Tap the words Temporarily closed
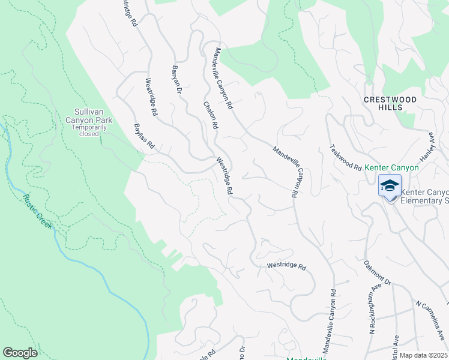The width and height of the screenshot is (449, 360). pyautogui.click(x=93, y=130)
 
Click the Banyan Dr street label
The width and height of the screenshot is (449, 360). pyautogui.click(x=176, y=80)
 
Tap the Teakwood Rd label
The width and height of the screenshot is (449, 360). pyautogui.click(x=346, y=157)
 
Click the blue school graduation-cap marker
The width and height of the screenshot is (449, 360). pyautogui.click(x=389, y=186)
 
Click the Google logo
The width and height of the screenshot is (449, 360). pyautogui.click(x=20, y=353)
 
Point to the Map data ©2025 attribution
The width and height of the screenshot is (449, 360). pyautogui.click(x=424, y=355)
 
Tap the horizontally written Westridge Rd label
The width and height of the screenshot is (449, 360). pyautogui.click(x=286, y=266)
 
